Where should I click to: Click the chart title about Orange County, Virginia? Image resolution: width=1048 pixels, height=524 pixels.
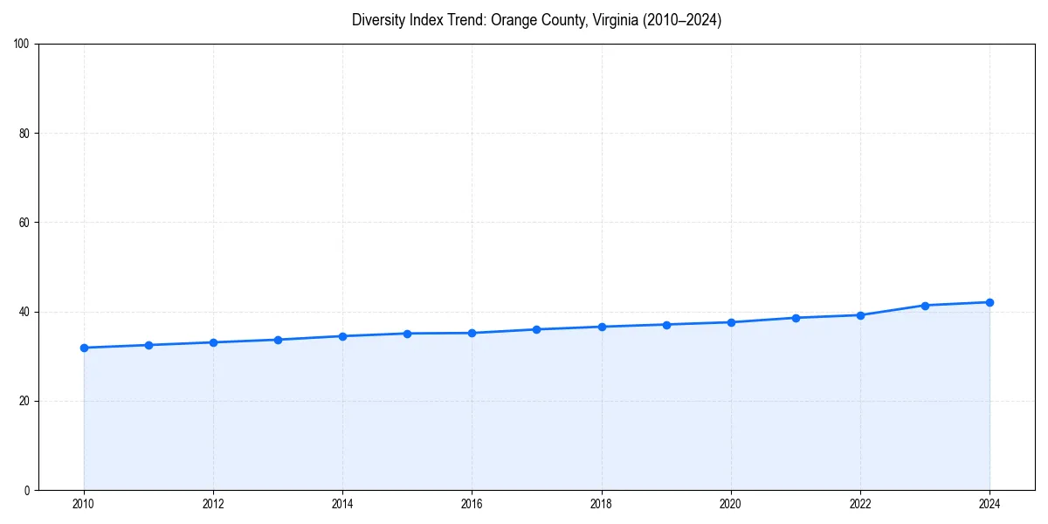tap(536, 20)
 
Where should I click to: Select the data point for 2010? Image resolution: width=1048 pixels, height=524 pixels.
tap(84, 348)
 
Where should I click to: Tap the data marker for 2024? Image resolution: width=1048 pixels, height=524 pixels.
tap(989, 302)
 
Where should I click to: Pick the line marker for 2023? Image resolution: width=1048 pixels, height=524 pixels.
tap(925, 306)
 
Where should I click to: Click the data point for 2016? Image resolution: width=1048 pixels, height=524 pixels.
tap(472, 333)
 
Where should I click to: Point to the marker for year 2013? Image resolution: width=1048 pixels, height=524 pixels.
tap(278, 340)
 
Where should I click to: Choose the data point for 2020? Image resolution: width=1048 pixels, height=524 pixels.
tap(731, 322)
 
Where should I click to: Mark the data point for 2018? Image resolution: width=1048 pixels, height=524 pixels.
tap(602, 327)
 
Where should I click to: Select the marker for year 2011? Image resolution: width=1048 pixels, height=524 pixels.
tap(148, 345)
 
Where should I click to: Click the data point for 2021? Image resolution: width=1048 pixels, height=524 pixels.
tap(796, 318)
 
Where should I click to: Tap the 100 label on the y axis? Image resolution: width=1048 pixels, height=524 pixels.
tap(22, 45)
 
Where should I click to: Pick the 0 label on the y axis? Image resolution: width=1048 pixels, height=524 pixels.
tap(27, 490)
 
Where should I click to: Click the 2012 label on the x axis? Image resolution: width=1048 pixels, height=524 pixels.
tap(213, 504)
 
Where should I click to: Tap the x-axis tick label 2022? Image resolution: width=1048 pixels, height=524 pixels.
tap(860, 504)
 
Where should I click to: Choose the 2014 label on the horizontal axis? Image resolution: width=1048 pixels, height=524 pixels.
tap(342, 504)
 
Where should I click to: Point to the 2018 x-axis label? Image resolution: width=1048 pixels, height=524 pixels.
tap(602, 504)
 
